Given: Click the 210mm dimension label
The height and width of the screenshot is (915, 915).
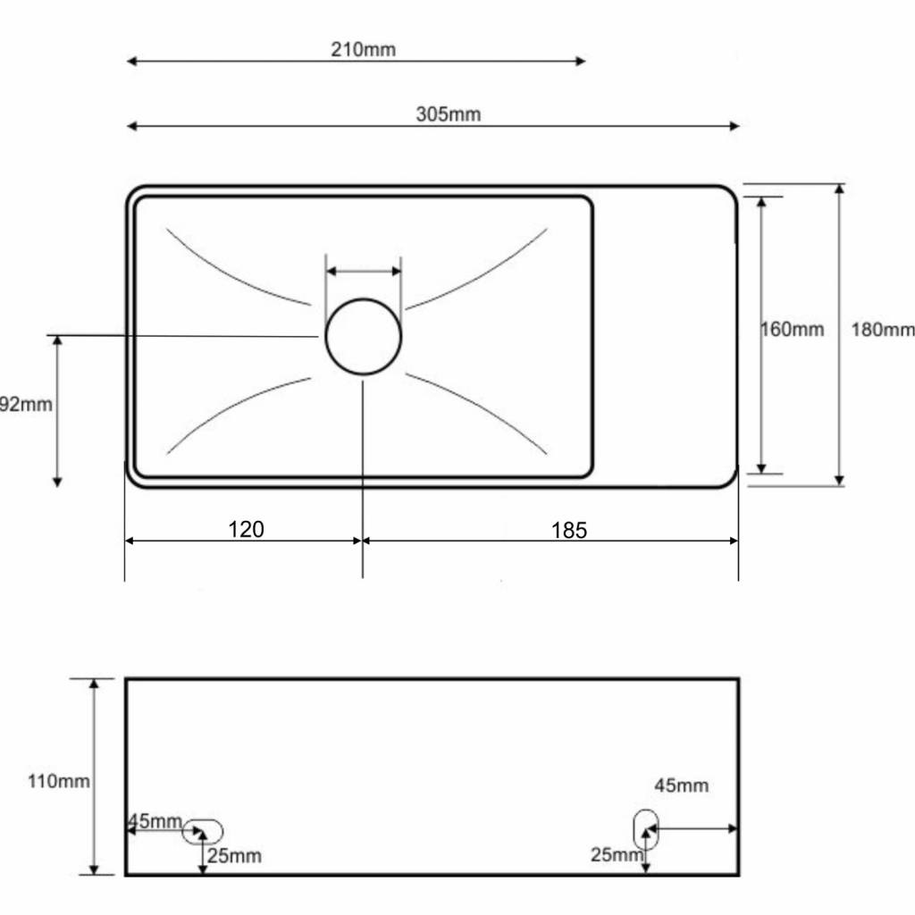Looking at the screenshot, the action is [363, 50].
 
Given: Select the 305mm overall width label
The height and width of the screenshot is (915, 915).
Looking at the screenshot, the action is [449, 114].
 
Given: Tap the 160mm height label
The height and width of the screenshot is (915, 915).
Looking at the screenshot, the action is [792, 330].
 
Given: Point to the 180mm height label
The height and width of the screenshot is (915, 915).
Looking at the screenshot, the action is [882, 330].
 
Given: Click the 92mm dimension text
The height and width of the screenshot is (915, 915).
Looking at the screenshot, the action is [26, 404].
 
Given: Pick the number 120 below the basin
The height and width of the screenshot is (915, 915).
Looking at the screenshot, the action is [246, 529].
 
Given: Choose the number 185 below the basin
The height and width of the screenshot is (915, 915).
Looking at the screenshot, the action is [569, 531].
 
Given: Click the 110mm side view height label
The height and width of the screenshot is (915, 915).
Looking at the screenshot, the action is [59, 781].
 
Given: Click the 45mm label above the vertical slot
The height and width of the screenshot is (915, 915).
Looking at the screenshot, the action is [681, 785].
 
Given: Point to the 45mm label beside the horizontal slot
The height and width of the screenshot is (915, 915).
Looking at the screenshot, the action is [155, 821].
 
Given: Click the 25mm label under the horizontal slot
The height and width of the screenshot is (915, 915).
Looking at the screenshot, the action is [234, 855].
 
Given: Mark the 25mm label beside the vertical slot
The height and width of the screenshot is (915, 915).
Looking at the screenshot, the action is [617, 855].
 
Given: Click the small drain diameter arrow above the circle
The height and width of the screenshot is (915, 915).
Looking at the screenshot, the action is [364, 271].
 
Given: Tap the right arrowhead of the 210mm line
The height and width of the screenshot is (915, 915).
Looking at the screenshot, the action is [581, 62].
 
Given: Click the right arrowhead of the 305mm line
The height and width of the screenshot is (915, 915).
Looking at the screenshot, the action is [735, 126].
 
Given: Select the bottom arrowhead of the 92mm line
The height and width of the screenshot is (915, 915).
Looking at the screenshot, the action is [57, 482].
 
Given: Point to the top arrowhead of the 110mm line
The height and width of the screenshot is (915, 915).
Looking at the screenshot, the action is [94, 684].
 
